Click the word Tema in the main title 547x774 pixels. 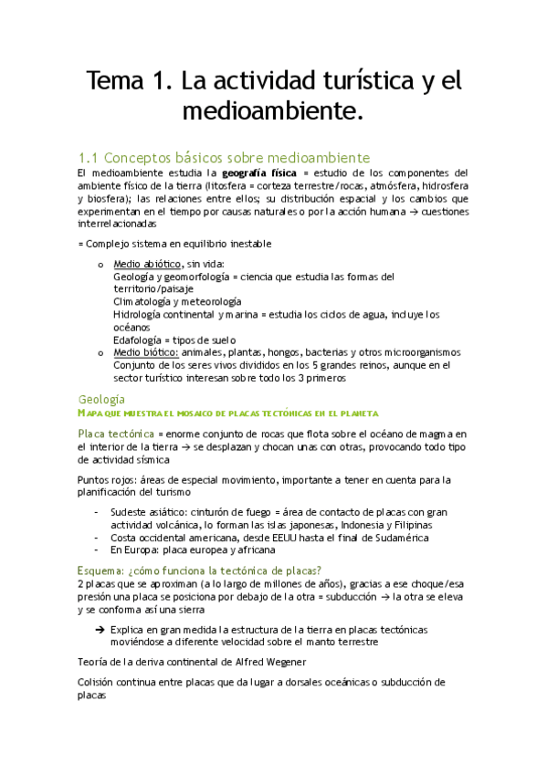click(x=110, y=82)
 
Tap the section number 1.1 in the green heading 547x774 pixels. click(x=89, y=156)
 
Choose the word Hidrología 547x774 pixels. click(x=140, y=314)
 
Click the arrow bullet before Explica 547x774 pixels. click(x=99, y=630)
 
